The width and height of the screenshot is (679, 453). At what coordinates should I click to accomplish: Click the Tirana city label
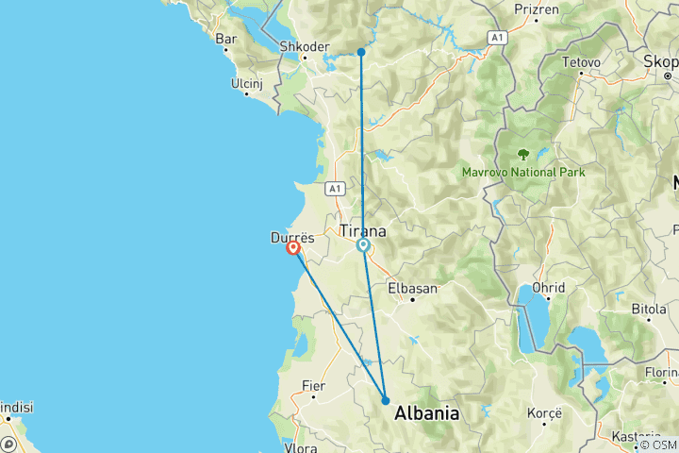point(362,229)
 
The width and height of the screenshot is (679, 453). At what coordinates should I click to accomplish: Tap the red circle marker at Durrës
point(293,248)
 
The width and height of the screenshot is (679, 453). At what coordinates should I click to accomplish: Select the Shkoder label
point(304,46)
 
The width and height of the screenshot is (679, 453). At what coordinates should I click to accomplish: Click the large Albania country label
point(427,413)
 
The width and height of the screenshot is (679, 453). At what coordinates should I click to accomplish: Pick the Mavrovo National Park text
point(523,173)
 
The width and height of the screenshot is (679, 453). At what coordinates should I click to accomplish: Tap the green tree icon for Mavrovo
point(522,154)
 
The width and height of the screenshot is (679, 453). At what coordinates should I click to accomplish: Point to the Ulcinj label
point(246,83)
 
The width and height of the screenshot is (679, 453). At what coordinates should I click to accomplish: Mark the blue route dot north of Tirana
point(361,52)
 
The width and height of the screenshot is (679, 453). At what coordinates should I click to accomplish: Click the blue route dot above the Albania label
point(386,401)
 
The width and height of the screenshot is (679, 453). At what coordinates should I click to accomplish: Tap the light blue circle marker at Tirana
point(363,246)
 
